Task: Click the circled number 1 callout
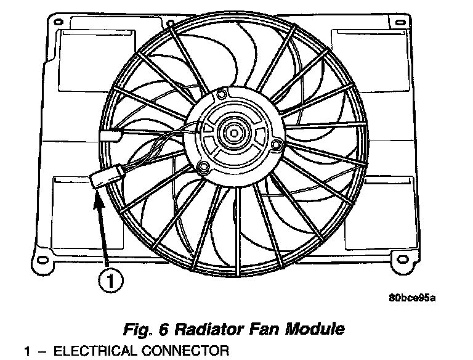(110, 282)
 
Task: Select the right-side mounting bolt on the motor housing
(277, 145)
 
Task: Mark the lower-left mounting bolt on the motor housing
(201, 165)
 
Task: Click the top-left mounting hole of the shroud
(59, 22)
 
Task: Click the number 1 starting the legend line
(27, 352)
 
